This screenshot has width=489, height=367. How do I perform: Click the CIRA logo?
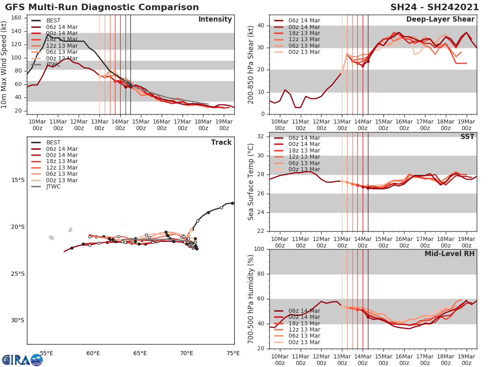pos(22,360)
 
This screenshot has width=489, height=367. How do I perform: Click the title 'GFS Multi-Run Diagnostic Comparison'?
pos(102,7)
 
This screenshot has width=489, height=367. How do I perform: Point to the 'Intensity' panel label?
pos(215,20)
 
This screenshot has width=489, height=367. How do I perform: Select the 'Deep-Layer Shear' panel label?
pos(440,20)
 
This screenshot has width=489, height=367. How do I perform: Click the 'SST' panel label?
pos(467,137)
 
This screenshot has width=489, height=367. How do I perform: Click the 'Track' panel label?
pos(221,142)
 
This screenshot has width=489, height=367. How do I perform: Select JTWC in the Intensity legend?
pos(53,64)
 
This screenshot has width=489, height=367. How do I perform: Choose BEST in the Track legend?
pos(53,143)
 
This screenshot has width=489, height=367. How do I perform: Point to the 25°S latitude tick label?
pos(18,274)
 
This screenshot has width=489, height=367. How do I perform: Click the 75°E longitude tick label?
pos(233,353)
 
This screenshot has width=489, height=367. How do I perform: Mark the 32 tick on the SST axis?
pos(262,137)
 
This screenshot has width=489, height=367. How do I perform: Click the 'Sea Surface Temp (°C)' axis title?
pos(251,181)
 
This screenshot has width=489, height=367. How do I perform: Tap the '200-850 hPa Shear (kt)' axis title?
pos(251,64)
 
